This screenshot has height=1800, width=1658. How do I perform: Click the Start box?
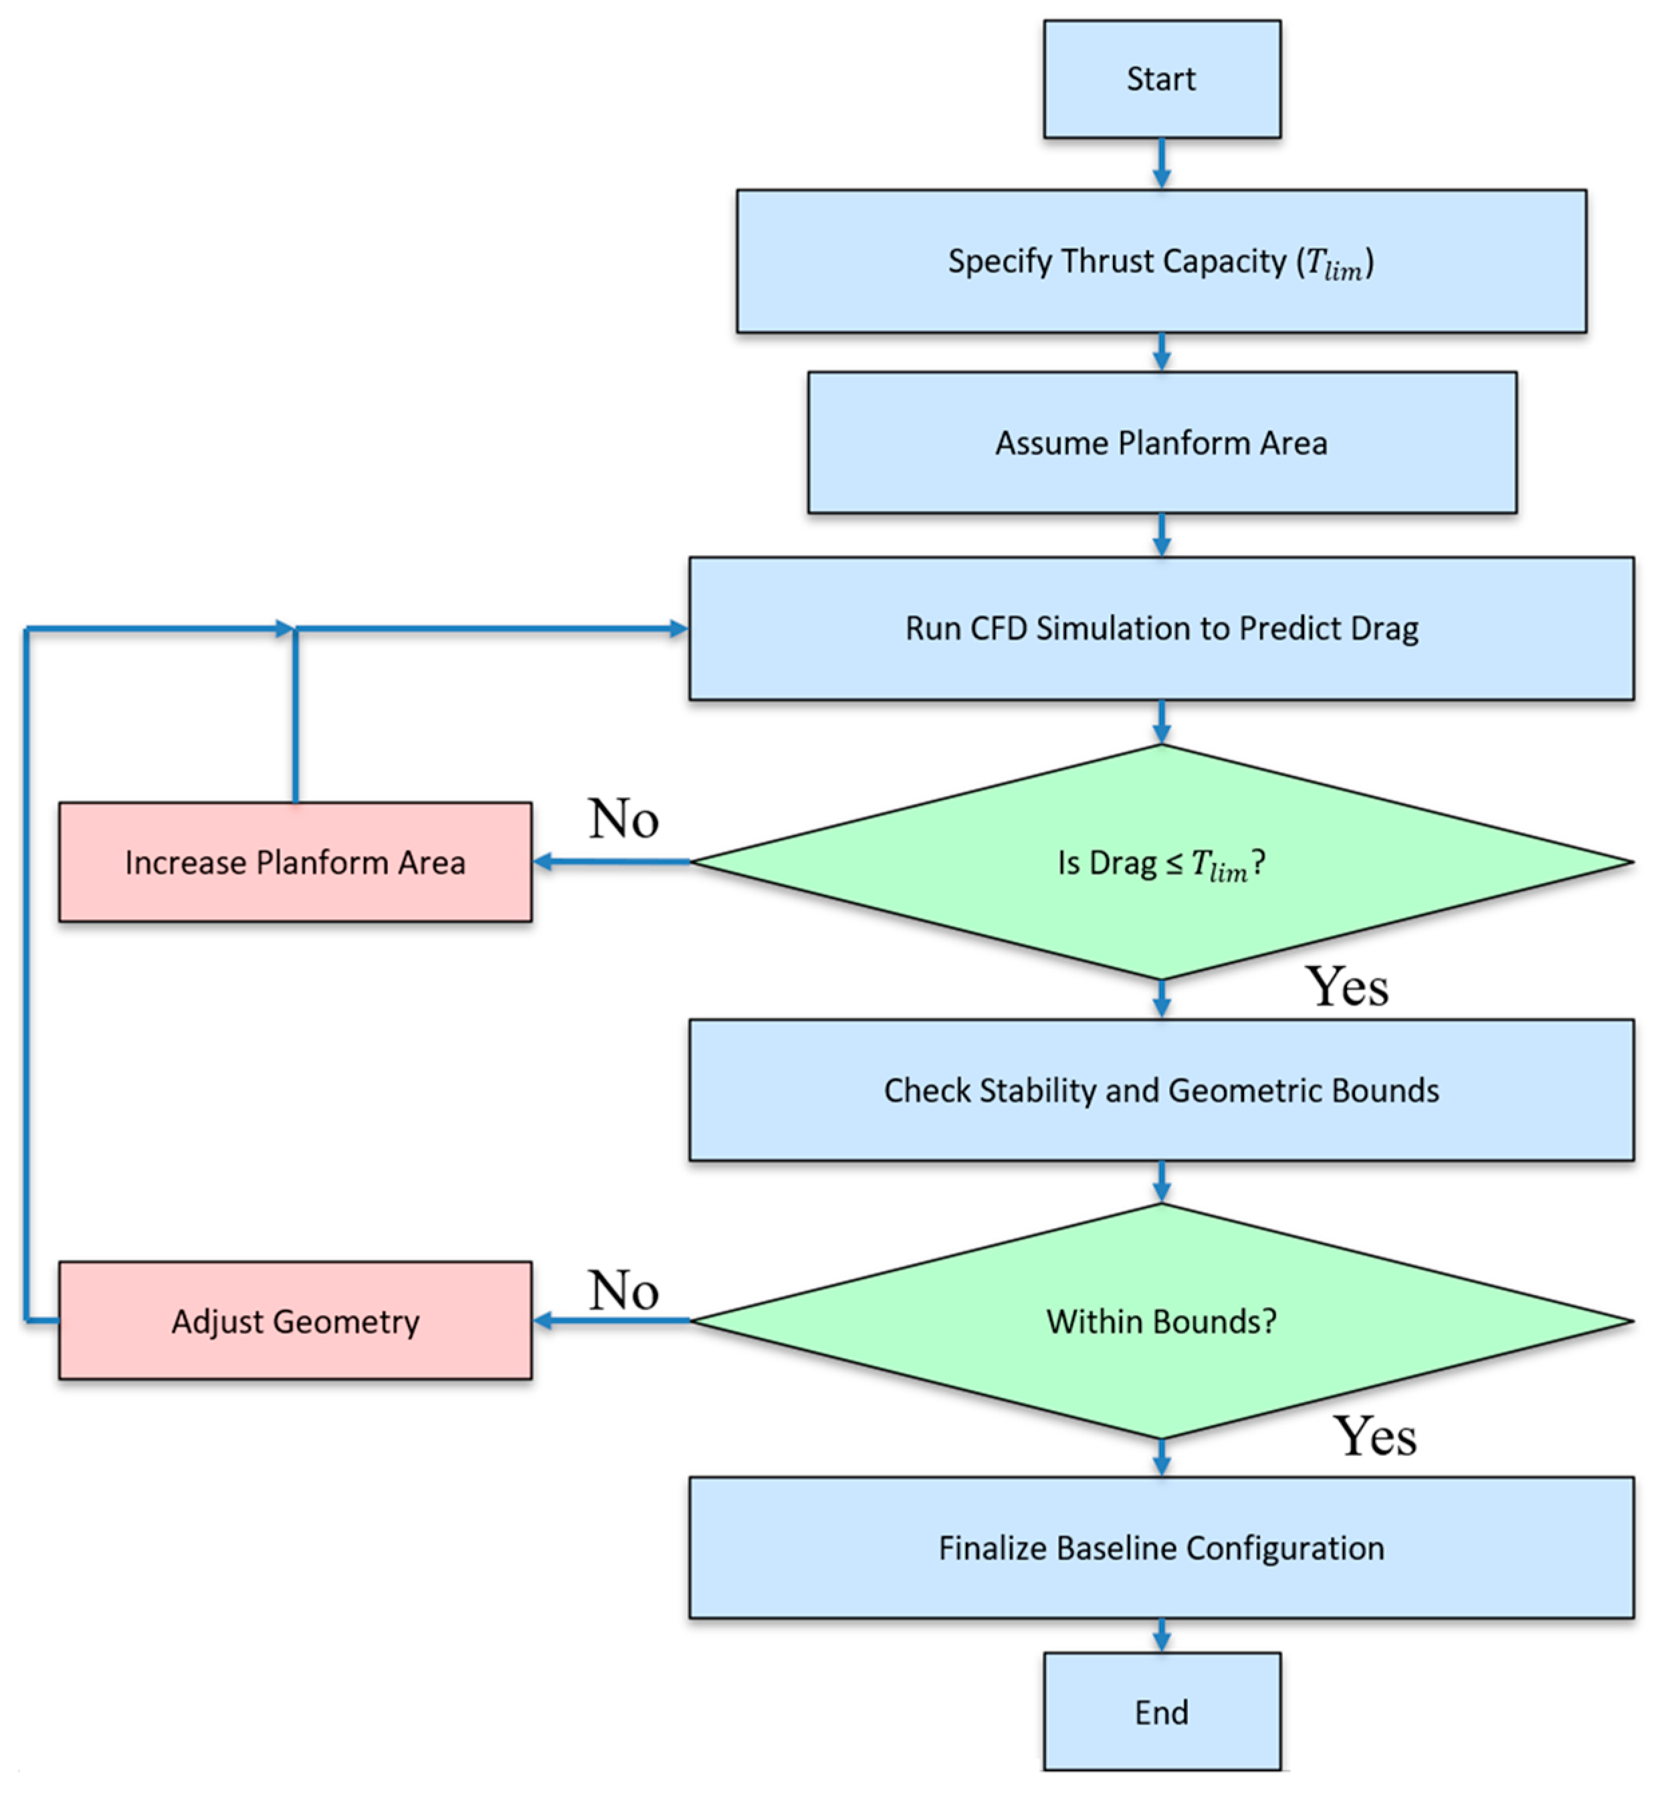[x=1161, y=79]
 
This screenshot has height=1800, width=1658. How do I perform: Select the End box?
[x=1161, y=1712]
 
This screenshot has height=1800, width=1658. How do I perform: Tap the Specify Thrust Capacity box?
[x=1161, y=261]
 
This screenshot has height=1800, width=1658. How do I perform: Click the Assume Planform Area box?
[x=1161, y=442]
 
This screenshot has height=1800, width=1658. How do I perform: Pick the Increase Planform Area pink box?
[x=295, y=862]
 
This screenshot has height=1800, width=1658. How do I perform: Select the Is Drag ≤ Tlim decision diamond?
[x=1161, y=862]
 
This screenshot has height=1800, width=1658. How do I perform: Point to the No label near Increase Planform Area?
[x=623, y=818]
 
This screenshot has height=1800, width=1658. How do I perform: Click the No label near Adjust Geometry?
[x=623, y=1290]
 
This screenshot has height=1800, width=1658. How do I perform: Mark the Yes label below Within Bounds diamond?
[x=1374, y=1435]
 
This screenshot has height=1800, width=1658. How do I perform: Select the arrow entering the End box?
[x=1161, y=1635]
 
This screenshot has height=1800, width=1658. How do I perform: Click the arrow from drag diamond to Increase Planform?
[x=610, y=862]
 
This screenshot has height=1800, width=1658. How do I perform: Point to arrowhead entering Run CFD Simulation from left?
[x=678, y=629]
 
